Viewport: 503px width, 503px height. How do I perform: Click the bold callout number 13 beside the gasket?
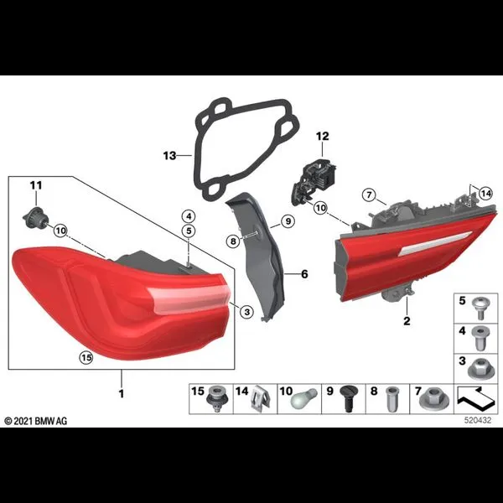coord(169,156)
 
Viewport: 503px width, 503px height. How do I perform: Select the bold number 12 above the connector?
coord(323,137)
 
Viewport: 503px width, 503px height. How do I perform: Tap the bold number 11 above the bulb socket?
coord(36,185)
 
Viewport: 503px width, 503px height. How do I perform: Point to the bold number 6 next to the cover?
coord(304,274)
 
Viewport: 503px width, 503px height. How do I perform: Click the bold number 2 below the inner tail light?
coord(407,321)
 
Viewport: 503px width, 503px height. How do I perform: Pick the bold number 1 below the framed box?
coord(122,394)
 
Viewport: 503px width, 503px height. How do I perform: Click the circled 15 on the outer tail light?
coord(86,357)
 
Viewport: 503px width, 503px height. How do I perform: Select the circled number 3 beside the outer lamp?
coord(246,311)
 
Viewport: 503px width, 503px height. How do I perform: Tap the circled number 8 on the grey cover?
coord(233,241)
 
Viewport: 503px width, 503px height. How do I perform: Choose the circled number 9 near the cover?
coord(288,221)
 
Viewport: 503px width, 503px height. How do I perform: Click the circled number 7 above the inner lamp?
coord(369,194)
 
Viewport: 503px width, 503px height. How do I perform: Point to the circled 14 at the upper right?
coord(485,194)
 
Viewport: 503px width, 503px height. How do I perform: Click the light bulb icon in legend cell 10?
coord(303,399)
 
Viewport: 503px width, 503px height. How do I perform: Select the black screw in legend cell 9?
coord(348,399)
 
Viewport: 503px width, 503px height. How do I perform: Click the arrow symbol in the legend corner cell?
coord(475,399)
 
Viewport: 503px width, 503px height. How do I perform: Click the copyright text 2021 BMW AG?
coord(36,421)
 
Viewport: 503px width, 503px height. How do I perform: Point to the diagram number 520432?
coord(478,420)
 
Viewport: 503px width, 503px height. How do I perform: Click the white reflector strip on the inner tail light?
coord(435,243)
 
